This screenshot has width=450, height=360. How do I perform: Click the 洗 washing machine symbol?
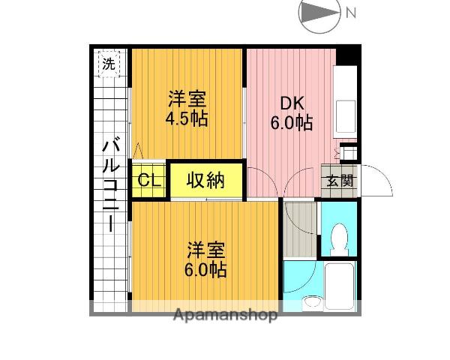tap(110, 64)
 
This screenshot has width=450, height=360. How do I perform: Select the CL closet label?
tap(148, 180)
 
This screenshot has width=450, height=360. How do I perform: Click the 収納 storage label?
tap(205, 180)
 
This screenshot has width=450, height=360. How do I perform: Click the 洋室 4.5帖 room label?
tap(187, 109)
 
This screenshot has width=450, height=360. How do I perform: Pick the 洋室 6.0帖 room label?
tap(205, 259)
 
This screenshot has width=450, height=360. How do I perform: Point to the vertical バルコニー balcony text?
tap(110, 184)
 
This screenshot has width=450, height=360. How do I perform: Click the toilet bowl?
tap(339, 237)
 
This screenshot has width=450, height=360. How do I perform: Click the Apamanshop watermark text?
tap(225, 316)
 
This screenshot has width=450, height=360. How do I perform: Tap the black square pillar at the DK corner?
tap(347, 55)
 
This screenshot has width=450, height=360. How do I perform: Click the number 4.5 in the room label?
tap(177, 119)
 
